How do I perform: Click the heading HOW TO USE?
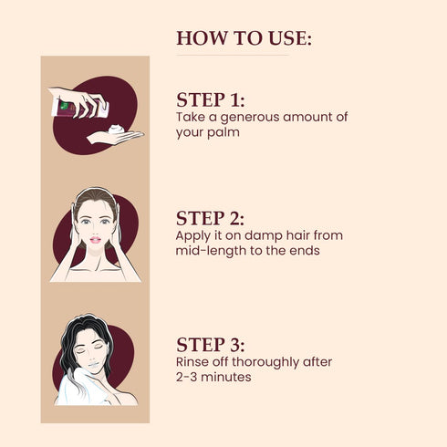(x=244, y=38)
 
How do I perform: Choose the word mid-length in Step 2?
(x=211, y=250)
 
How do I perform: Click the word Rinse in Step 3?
(x=192, y=362)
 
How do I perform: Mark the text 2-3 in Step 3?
(x=188, y=377)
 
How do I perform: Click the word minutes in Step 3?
(x=226, y=377)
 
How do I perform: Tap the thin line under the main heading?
(x=232, y=56)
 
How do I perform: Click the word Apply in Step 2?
(x=193, y=235)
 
